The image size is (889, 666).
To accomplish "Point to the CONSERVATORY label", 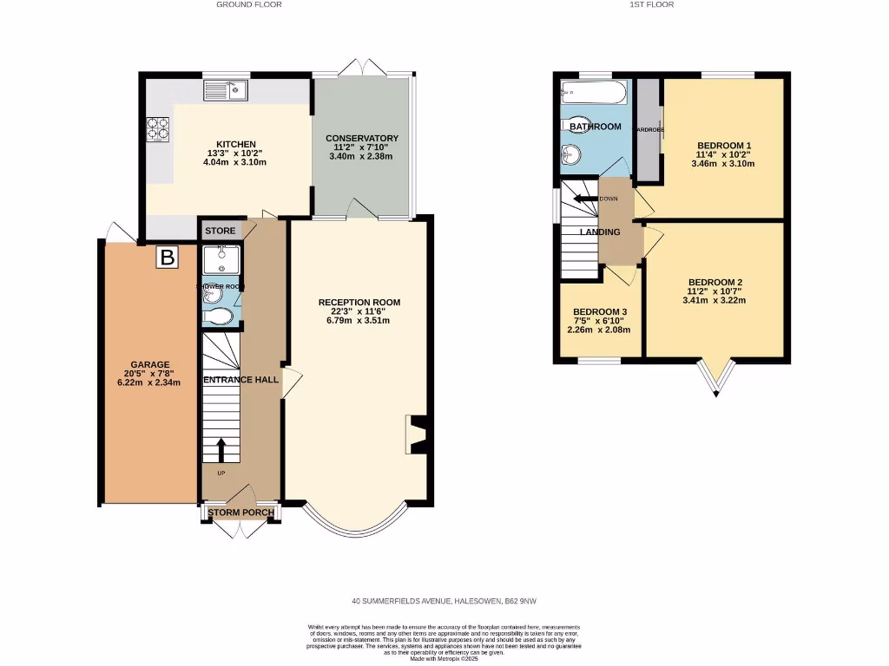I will [361, 138].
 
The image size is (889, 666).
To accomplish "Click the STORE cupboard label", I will [221, 231].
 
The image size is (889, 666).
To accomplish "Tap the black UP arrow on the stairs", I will [220, 450].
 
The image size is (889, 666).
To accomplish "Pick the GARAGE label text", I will [150, 364].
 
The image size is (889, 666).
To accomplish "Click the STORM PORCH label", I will [240, 513].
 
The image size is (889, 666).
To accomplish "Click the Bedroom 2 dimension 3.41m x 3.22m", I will [715, 300].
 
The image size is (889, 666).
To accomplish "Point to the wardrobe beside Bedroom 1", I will [648, 130].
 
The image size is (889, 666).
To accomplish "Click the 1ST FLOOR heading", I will [651, 4].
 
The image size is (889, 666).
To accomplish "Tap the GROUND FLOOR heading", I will [248, 4].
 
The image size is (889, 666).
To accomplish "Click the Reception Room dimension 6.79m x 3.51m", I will [359, 320].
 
